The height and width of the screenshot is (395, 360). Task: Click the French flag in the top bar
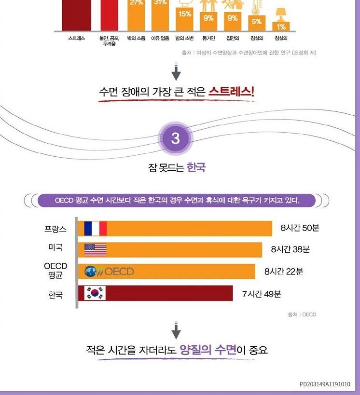pos(95,228)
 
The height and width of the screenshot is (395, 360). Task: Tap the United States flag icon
pos(95,250)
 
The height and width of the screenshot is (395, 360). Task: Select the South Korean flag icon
pos(95,293)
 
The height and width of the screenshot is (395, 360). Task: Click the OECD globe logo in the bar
pos(91,272)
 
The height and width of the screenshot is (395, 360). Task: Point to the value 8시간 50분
pos(300,228)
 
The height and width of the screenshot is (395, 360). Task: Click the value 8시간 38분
pos(290,249)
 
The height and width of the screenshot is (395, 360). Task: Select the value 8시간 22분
pos(284,271)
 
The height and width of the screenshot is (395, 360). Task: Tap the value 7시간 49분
pos(262,293)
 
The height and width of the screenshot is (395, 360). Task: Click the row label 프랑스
pos(55,228)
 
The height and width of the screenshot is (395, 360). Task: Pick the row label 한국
pos(55,294)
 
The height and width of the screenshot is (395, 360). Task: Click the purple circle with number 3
pos(176,139)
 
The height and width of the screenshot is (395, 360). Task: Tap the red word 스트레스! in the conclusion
pos(231,92)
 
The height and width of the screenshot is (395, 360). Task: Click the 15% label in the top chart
pos(185,14)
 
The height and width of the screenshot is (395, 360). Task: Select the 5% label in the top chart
pos(256,21)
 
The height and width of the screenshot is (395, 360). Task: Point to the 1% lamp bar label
pos(281,27)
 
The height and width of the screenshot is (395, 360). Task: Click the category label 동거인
pos(208,38)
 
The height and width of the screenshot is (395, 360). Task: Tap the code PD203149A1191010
pos(325,384)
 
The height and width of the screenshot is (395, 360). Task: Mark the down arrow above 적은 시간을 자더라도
pos(176,331)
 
